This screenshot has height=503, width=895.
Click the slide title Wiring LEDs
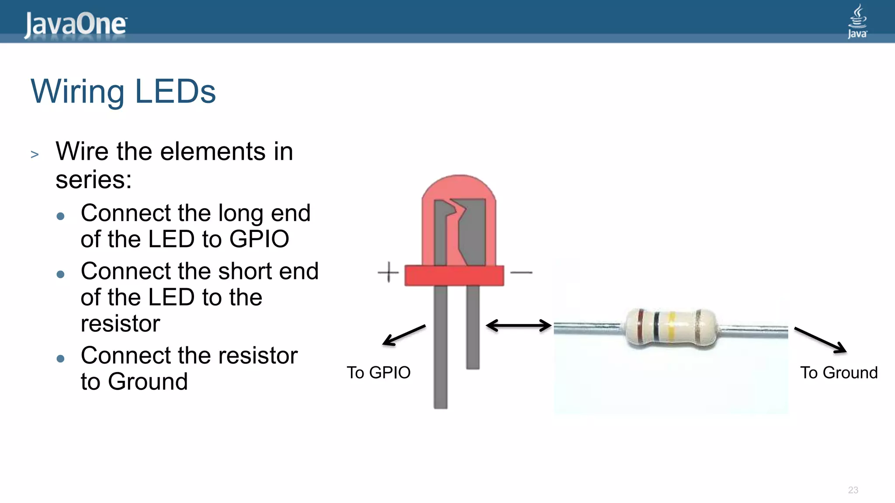[123, 91]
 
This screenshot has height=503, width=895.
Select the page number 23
[853, 490]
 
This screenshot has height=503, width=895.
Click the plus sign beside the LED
[388, 272]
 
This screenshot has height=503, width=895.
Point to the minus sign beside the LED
[521, 272]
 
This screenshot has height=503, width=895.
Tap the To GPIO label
[378, 372]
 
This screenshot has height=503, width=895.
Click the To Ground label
[839, 372]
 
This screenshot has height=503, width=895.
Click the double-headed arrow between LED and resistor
[519, 326]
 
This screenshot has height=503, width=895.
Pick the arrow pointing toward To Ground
[820, 340]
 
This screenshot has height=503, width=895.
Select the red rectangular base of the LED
[454, 275]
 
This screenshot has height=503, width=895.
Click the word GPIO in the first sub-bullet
[259, 239]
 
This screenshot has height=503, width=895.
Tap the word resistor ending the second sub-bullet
[121, 323]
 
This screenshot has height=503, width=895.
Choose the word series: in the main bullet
[94, 179]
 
